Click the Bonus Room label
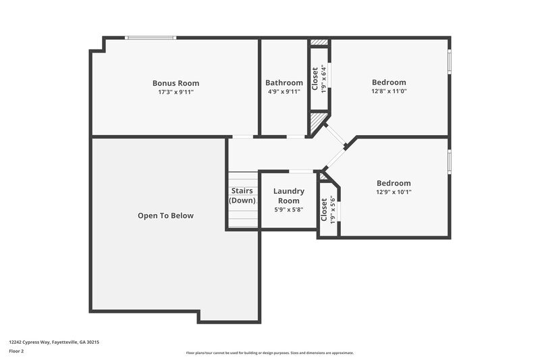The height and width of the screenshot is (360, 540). pos(175,83)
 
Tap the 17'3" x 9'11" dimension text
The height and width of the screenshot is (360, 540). pos(175,92)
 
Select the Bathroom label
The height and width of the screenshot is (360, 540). pos(283,83)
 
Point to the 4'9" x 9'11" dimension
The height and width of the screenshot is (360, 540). pos(283,92)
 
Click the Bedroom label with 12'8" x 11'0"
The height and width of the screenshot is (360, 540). pos(389,82)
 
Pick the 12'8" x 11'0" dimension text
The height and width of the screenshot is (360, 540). pos(389,91)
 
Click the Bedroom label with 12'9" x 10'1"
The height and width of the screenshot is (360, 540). pos(394,183)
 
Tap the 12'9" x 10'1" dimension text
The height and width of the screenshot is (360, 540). pos(394,192)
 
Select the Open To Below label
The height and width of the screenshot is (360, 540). pos(165,216)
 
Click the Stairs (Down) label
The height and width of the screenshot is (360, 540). pos(242,195)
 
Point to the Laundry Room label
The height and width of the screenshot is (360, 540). pos(288,196)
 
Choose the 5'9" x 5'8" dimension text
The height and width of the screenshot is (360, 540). pos(288,209)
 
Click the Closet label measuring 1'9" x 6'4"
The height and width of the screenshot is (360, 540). pos(315,78)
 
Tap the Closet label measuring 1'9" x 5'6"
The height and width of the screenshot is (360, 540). pos(324,209)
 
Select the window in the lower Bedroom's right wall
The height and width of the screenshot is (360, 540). pos(449,163)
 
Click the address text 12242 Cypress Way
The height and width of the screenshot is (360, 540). pos(54,342)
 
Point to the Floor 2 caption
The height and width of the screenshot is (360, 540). pos(16,351)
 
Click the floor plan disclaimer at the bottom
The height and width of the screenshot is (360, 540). pos(269,353)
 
